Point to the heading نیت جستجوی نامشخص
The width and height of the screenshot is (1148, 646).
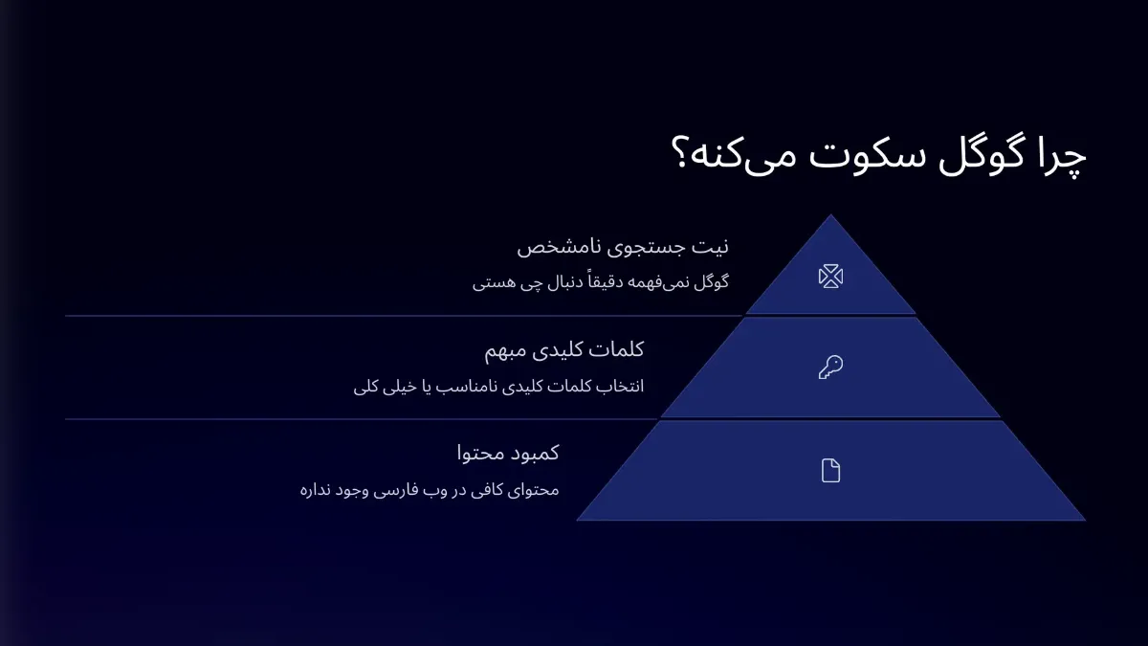[x=623, y=247]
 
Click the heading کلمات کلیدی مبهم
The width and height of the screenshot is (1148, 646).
[x=564, y=350]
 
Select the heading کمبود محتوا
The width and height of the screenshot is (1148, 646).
[x=508, y=453]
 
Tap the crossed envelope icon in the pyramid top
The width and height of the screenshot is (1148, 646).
[x=830, y=277]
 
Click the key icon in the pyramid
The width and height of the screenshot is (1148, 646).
[x=830, y=367]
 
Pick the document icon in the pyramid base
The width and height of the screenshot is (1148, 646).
[x=830, y=470]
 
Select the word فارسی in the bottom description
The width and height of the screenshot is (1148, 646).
[x=415, y=490]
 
